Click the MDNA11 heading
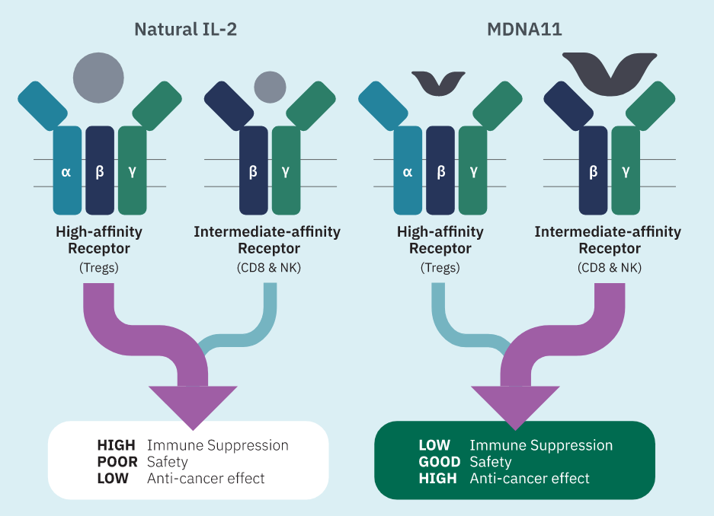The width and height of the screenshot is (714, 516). [523, 30]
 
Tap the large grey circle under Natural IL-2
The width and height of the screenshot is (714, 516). [98, 78]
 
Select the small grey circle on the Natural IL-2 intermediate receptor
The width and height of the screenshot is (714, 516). [268, 87]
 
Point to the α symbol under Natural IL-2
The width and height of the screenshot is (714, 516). [66, 171]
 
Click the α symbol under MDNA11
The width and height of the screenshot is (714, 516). [407, 171]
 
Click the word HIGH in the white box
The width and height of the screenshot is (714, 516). [116, 445]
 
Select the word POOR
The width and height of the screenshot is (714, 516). [117, 462]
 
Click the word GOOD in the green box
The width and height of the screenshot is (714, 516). [440, 462]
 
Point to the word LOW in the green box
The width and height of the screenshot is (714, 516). [434, 445]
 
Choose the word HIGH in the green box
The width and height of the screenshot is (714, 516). [437, 479]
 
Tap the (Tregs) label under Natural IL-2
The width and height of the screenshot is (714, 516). [99, 267]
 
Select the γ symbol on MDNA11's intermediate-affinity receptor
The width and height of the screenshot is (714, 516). [626, 171]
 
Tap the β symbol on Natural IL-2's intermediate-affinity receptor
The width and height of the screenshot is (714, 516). [253, 171]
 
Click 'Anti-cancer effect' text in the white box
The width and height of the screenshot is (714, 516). [206, 479]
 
